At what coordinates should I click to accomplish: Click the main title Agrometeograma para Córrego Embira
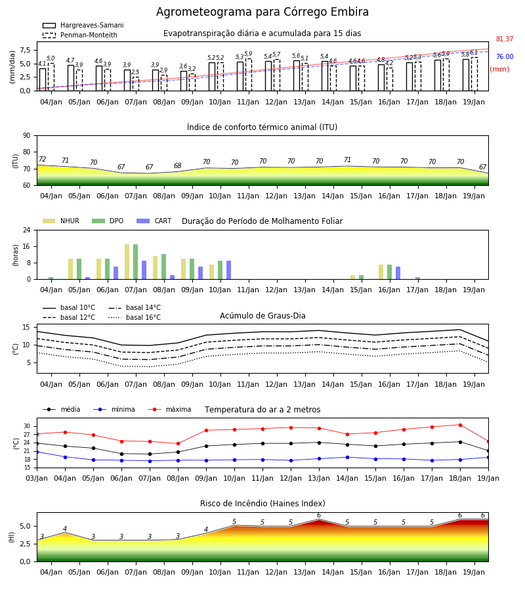(262, 12)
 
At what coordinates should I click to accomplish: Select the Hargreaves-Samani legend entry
(83, 25)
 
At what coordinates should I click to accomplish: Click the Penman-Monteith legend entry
(80, 35)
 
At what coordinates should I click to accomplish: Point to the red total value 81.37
(505, 39)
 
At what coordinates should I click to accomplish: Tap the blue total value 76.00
(505, 56)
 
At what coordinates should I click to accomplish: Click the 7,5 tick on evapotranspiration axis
(25, 50)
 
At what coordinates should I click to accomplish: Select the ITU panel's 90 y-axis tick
(27, 135)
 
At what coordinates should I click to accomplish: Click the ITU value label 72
(43, 159)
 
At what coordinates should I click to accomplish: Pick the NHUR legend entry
(61, 221)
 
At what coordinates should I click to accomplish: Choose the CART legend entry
(154, 221)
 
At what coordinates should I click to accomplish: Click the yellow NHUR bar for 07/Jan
(127, 262)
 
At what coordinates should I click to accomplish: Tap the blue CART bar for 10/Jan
(228, 270)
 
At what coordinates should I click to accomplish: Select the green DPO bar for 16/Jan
(389, 272)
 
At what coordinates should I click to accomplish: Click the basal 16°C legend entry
(135, 317)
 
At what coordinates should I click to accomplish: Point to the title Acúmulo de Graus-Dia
(262, 315)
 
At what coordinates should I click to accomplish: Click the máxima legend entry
(169, 409)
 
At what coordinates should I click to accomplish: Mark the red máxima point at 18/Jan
(460, 425)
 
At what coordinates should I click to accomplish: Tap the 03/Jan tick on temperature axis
(37, 478)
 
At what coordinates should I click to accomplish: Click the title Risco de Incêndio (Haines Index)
(262, 504)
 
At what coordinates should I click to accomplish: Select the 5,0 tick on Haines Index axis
(25, 526)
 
